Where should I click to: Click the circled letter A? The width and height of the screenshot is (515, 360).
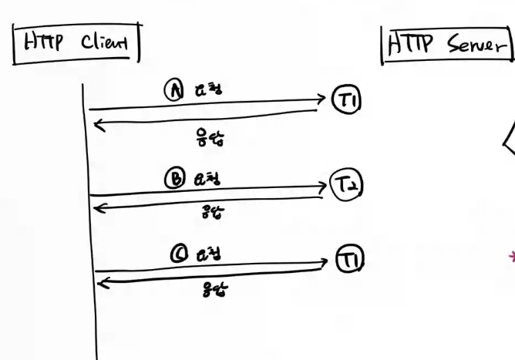click(173, 89)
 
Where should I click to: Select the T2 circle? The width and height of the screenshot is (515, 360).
click(346, 186)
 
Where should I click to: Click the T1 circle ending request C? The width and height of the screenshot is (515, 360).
click(349, 260)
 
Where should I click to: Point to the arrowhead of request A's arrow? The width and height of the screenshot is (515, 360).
click(322, 99)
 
